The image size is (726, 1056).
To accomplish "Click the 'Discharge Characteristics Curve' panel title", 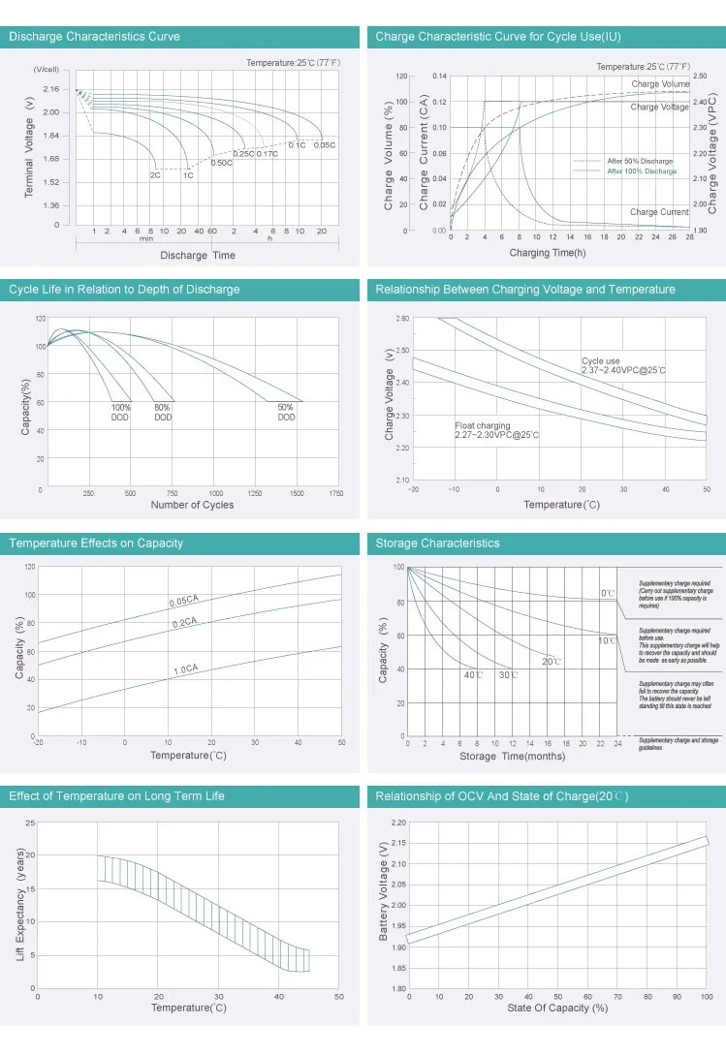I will pyautogui.click(x=94, y=37).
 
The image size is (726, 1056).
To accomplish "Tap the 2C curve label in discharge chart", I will pyautogui.click(x=155, y=175).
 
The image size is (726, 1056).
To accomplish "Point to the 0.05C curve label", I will pyautogui.click(x=325, y=145).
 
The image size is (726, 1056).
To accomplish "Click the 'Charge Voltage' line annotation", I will pyautogui.click(x=660, y=108).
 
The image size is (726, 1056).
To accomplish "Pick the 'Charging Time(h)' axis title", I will pyautogui.click(x=549, y=253).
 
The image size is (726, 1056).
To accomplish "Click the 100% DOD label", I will pyautogui.click(x=120, y=413).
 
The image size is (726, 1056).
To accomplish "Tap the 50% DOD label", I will pyautogui.click(x=286, y=413).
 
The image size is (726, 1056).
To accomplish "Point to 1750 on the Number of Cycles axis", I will pyautogui.click(x=335, y=494).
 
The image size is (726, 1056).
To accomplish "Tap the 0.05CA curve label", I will pyautogui.click(x=183, y=602).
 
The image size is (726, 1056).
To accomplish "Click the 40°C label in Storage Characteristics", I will pyautogui.click(x=473, y=674).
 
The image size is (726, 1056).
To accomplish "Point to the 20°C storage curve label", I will pyautogui.click(x=552, y=662).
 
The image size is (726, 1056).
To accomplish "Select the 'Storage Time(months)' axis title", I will pyautogui.click(x=512, y=756).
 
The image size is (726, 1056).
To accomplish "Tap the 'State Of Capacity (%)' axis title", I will pyautogui.click(x=557, y=1009).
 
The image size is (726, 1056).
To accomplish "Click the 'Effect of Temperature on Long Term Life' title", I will pyautogui.click(x=116, y=796).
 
